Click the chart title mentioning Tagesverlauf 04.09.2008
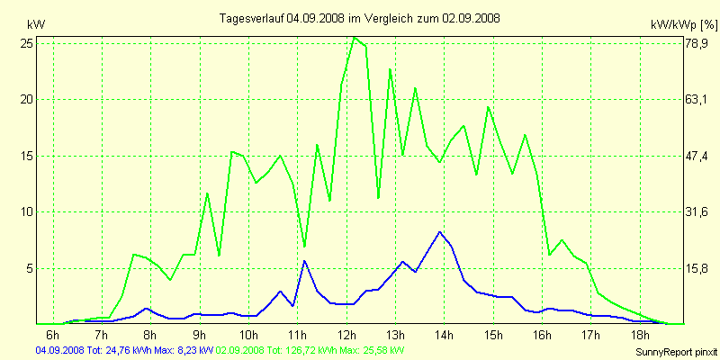(x=360, y=18)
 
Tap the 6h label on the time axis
(x=52, y=335)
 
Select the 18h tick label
(x=639, y=335)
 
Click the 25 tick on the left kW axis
(x=27, y=42)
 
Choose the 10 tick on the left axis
(x=27, y=211)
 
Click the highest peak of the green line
(x=354, y=38)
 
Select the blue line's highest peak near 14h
(x=439, y=232)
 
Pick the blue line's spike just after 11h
(x=304, y=261)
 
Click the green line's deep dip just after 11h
(x=304, y=246)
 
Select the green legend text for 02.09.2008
(x=310, y=349)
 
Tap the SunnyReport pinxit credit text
(x=674, y=351)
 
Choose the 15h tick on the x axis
(x=492, y=335)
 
